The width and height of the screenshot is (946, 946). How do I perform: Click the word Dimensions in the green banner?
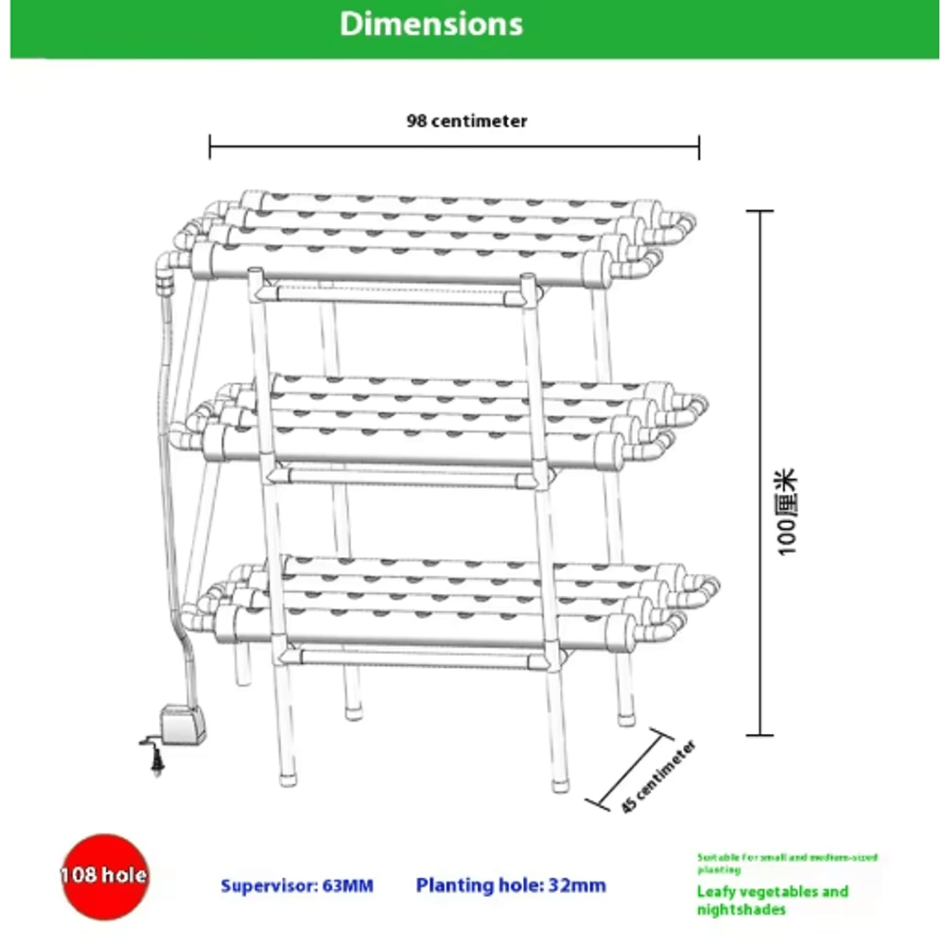(430, 25)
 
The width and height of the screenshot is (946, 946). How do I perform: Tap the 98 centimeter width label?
(466, 121)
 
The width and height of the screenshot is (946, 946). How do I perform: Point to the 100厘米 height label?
(788, 512)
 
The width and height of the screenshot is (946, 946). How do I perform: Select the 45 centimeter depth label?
(659, 778)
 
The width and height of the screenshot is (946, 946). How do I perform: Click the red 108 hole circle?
(103, 875)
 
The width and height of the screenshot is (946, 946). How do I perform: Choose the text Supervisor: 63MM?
(297, 886)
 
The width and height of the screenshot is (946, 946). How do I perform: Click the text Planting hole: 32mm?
(511, 886)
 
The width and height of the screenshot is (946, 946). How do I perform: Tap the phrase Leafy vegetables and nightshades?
(772, 900)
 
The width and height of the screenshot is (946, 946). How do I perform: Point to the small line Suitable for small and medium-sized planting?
(787, 863)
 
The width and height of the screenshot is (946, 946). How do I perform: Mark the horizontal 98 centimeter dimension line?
(454, 148)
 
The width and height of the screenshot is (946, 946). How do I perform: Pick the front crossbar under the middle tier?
(402, 476)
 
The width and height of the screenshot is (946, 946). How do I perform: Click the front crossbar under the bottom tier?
(416, 653)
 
